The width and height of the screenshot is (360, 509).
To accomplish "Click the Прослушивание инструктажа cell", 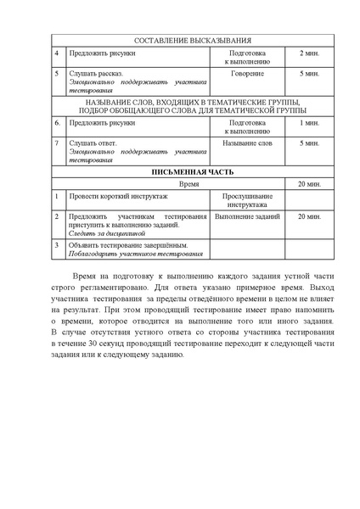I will coord(247,199).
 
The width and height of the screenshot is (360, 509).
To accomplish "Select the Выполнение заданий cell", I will coord(247,217).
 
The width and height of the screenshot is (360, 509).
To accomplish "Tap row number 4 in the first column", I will coord(57,53).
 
